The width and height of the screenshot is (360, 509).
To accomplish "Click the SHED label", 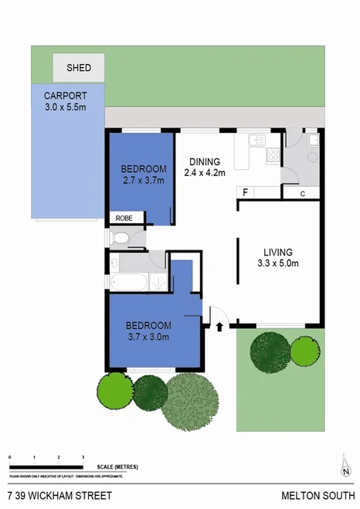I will point(78,68).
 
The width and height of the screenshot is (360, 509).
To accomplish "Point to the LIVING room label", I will point(277,252).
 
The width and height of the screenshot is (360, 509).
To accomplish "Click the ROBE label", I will point(124,219).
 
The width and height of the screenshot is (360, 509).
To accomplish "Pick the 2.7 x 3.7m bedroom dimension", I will point(144,180).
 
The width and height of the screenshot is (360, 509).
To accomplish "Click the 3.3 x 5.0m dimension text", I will point(277,264).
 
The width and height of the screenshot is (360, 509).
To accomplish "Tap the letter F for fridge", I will point(246,192).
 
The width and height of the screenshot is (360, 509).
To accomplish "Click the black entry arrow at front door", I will point(221,327).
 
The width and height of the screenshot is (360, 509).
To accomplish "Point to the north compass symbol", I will point(346,467).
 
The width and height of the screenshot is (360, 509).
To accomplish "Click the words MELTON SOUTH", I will point(320,495).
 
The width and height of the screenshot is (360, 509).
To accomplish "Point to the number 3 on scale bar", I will point(83,459).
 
